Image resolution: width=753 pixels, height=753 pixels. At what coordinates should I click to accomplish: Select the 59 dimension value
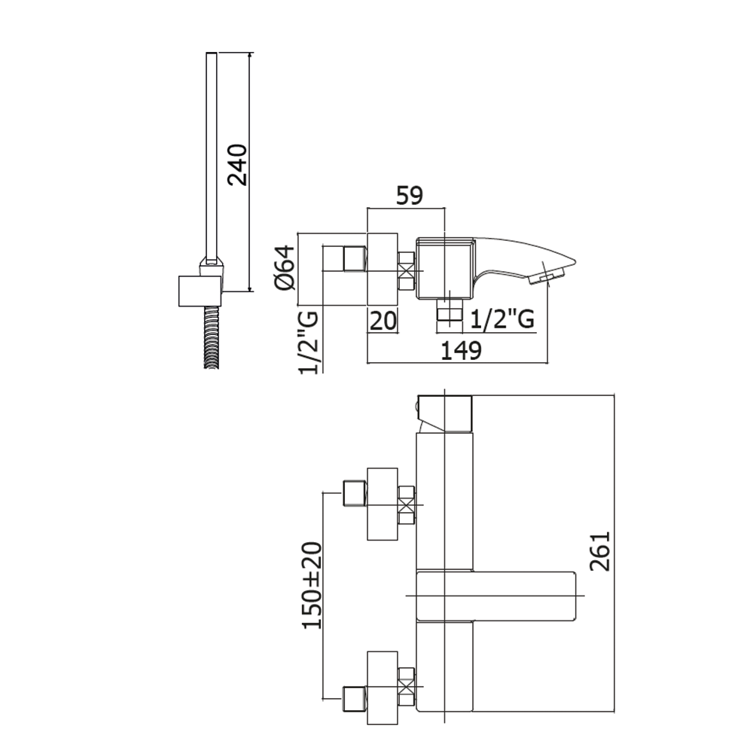tap(410, 195)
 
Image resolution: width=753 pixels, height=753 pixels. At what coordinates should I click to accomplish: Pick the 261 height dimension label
tap(599, 550)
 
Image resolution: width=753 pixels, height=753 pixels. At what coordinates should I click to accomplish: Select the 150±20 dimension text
tap(312, 585)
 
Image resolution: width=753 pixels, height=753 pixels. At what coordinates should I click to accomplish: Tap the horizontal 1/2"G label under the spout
tap(502, 321)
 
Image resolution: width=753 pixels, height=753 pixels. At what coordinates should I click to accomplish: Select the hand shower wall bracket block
tap(200, 291)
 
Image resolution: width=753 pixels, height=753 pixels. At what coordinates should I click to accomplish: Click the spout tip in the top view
tap(553, 273)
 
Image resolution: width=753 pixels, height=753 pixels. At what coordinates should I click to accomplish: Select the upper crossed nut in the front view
tap(407, 505)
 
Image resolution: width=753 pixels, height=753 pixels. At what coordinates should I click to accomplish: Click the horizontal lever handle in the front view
tap(497, 596)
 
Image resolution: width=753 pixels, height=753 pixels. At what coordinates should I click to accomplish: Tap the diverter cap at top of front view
tap(444, 413)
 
